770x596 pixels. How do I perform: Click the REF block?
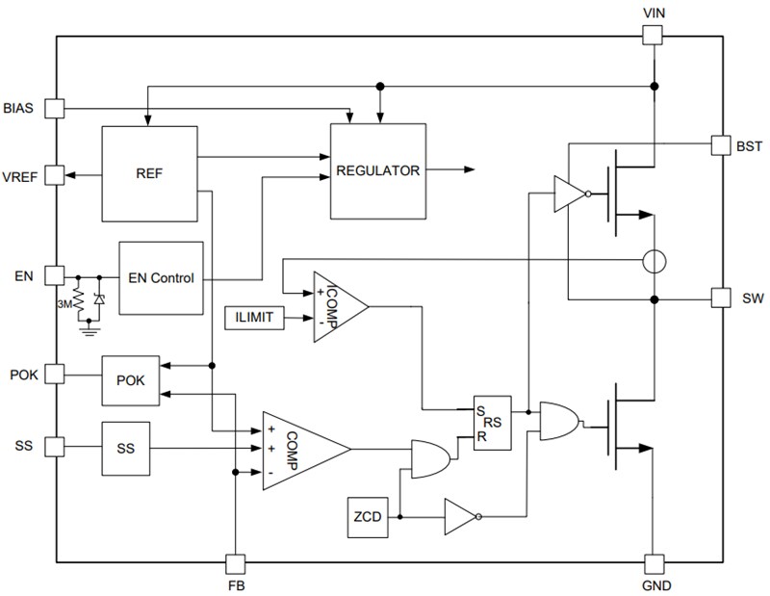[149, 173]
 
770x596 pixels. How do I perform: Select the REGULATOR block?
[377, 171]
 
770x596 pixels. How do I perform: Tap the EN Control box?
[161, 278]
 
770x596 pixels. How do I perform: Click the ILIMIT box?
[254, 318]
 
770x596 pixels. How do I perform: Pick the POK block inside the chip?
[130, 379]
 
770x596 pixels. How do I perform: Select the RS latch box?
[492, 421]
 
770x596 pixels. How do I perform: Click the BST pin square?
[721, 144]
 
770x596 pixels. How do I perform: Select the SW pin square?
[721, 298]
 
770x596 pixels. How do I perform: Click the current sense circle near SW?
[654, 261]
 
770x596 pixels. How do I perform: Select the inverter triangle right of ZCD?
[459, 516]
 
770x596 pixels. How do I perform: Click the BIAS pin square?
[56, 108]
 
